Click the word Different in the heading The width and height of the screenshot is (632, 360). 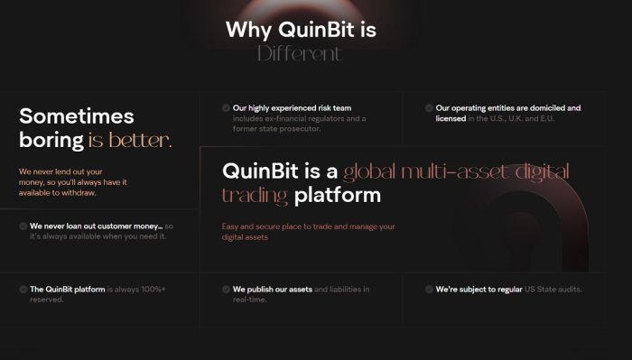(300, 53)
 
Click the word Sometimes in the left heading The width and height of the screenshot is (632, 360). (77, 116)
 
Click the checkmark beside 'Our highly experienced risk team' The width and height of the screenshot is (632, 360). (226, 108)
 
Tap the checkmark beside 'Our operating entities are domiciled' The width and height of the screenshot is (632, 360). (429, 108)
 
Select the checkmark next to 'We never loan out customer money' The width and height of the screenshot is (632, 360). (23, 226)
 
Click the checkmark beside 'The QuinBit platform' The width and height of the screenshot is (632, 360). (23, 290)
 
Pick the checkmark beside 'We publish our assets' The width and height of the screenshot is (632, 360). (226, 290)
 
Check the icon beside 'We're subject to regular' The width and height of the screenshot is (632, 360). (429, 290)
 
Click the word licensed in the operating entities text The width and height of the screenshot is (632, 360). (451, 118)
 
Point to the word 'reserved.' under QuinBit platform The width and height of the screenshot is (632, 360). (46, 300)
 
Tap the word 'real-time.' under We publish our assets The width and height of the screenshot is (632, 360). (252, 300)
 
